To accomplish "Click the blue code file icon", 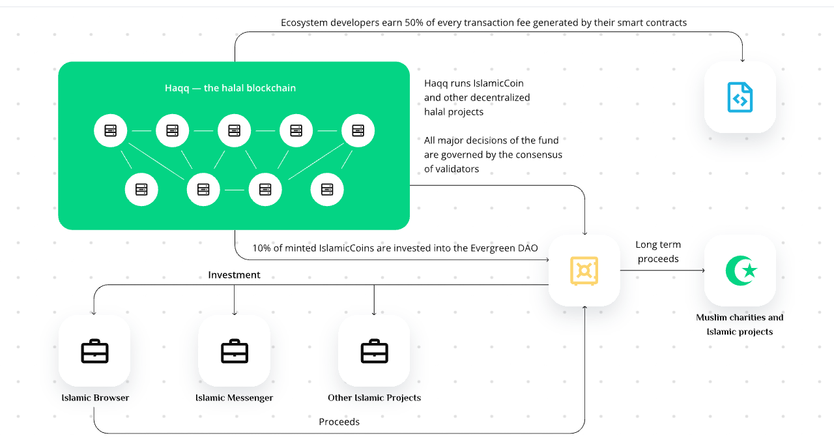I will pyautogui.click(x=740, y=97).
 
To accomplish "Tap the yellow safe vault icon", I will pyautogui.click(x=584, y=271).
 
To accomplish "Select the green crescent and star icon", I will pyautogui.click(x=740, y=271).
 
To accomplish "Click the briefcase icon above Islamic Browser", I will pyautogui.click(x=94, y=351).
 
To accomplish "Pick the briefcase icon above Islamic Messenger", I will pyautogui.click(x=234, y=351).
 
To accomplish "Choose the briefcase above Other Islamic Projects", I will pyautogui.click(x=374, y=351).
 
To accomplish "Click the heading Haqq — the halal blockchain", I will pyautogui.click(x=230, y=88).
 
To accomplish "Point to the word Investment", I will pyautogui.click(x=234, y=275).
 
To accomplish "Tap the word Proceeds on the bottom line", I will pyautogui.click(x=339, y=422).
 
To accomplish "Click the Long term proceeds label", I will pyautogui.click(x=658, y=252).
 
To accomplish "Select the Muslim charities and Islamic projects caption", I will pyautogui.click(x=740, y=325).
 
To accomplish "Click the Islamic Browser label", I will pyautogui.click(x=95, y=398).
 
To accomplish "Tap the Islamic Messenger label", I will pyautogui.click(x=234, y=398).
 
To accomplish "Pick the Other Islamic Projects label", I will pyautogui.click(x=374, y=398).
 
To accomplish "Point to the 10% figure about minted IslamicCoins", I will pyautogui.click(x=261, y=248).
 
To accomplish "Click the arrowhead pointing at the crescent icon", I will pyautogui.click(x=702, y=271).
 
